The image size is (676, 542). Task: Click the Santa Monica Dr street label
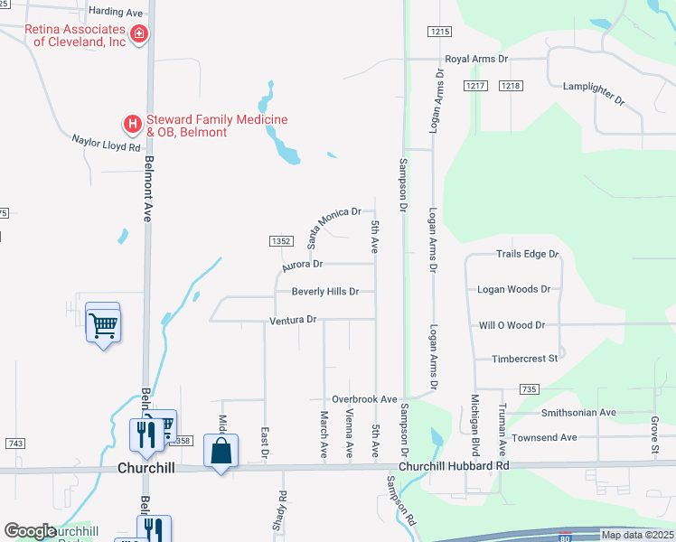point(333,226)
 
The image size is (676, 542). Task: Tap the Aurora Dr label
point(302,266)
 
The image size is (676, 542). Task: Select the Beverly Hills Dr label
point(325,292)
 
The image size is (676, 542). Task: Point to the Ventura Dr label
point(293,320)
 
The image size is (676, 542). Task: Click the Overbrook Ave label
point(364,399)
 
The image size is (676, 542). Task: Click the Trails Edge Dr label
point(527,255)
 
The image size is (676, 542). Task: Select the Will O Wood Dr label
point(512,324)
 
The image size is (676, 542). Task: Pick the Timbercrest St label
point(524,359)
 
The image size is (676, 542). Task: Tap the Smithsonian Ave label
point(577,413)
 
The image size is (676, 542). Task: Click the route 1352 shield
point(281,241)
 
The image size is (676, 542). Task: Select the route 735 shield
point(529,389)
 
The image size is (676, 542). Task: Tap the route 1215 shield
point(439,32)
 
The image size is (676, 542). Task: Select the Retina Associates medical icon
point(139,35)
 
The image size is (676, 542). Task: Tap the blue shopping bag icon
point(221,450)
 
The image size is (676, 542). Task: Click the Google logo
point(30,531)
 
